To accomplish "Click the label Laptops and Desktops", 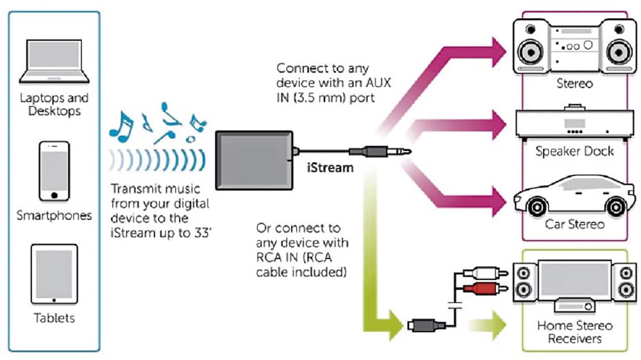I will coord(54,104).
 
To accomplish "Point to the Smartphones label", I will coord(54,215).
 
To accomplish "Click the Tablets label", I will coord(54,318).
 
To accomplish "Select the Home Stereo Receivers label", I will coord(574,332).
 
